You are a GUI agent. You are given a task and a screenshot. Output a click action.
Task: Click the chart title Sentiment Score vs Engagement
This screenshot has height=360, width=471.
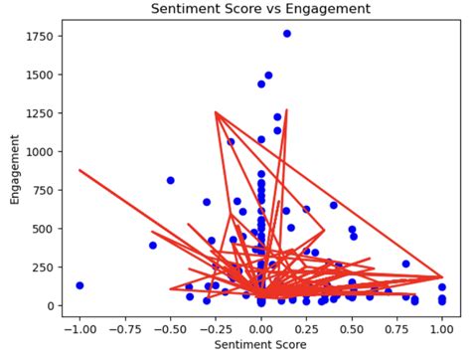(260, 9)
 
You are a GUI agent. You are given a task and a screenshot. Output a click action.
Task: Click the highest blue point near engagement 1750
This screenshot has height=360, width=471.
(287, 34)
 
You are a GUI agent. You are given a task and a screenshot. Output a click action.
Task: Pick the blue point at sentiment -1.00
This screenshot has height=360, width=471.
(79, 285)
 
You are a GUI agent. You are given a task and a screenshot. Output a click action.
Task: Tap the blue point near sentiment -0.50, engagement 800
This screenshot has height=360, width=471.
(170, 180)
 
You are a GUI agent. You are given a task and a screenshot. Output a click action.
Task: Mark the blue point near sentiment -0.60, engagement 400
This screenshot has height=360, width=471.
(153, 245)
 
